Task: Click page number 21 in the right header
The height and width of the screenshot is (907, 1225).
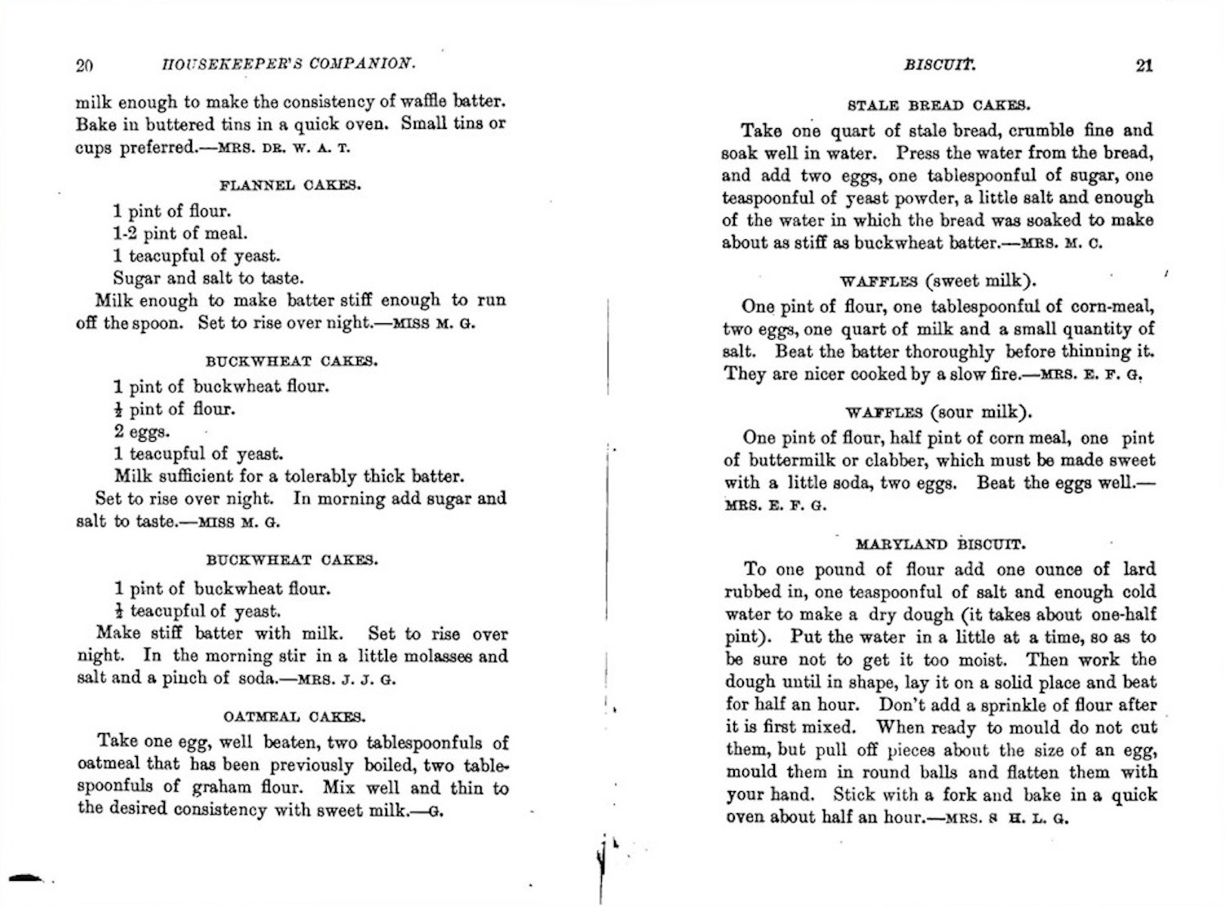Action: coord(1144,65)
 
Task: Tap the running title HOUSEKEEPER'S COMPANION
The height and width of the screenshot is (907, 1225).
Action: coord(288,64)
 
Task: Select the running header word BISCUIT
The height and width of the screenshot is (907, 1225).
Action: coord(939,65)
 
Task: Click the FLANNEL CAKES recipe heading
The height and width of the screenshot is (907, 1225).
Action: coord(290,185)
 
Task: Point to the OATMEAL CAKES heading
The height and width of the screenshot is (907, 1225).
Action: coord(294,717)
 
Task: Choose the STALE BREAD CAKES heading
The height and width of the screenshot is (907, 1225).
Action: coord(938,105)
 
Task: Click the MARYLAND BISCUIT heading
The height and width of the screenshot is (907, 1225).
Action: coord(941,544)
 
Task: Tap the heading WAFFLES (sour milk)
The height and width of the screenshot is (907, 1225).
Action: coord(939,412)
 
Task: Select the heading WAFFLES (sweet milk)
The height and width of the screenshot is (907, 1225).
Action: coord(938,282)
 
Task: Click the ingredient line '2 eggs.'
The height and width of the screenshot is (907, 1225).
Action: coord(142,432)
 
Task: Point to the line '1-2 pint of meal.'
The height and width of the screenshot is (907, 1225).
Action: coord(180,233)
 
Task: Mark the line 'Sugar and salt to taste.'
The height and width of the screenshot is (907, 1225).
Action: coord(208,278)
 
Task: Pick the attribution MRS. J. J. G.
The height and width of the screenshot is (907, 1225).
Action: coord(346,679)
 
